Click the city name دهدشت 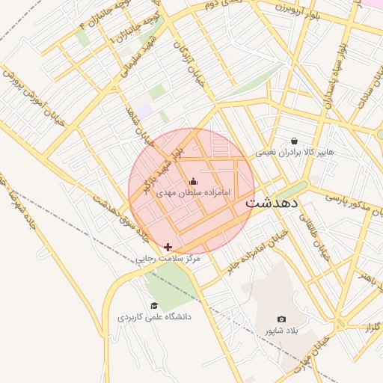click(272, 202)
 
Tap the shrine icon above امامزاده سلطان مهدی click(194, 181)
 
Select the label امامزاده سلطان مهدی click(194, 193)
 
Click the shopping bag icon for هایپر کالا click(294, 141)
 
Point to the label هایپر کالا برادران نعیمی click(295, 152)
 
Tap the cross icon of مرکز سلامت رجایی click(168, 246)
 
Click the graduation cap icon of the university click(154, 305)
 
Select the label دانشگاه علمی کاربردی click(154, 317)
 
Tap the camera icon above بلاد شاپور click(281, 319)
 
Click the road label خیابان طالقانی click(313, 235)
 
